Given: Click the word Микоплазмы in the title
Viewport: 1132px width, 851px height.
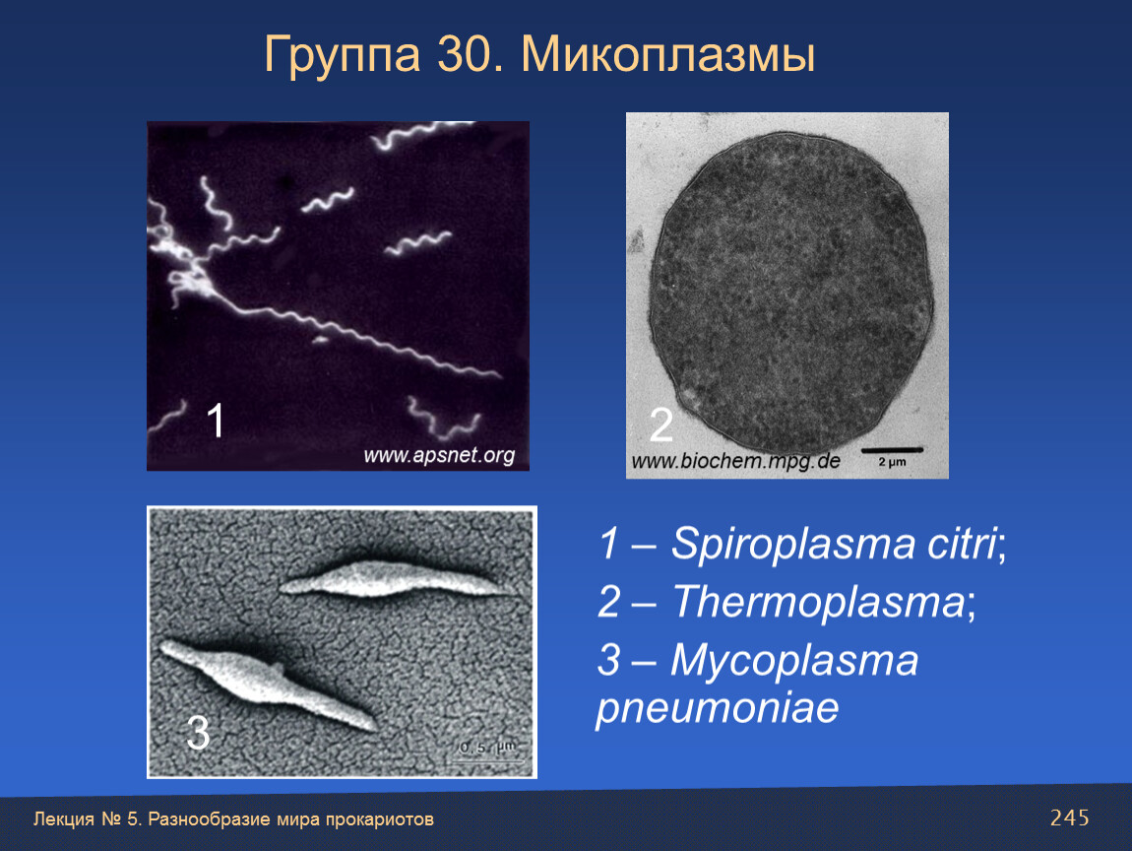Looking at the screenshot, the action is tap(668, 54).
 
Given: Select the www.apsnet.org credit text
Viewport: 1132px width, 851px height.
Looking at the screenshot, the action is tap(439, 455).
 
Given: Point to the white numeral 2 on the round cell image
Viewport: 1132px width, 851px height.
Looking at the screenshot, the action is tap(661, 425).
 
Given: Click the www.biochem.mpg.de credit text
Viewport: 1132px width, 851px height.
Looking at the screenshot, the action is tap(735, 461).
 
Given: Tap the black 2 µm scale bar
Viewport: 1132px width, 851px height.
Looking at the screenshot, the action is tap(893, 451).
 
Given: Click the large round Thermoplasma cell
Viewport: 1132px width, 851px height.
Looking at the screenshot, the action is tap(791, 293).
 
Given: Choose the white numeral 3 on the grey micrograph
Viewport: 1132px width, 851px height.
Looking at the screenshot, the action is tap(198, 733).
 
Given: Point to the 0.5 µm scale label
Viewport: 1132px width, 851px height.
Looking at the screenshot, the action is tap(488, 747).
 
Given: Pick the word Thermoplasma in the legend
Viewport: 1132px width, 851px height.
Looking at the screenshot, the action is tap(818, 602).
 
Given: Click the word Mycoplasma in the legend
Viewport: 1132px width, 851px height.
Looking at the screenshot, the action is tap(794, 661).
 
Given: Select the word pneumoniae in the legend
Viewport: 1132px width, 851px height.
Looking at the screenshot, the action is tap(718, 709).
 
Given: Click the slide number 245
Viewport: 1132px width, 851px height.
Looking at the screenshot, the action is tap(1070, 818).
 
